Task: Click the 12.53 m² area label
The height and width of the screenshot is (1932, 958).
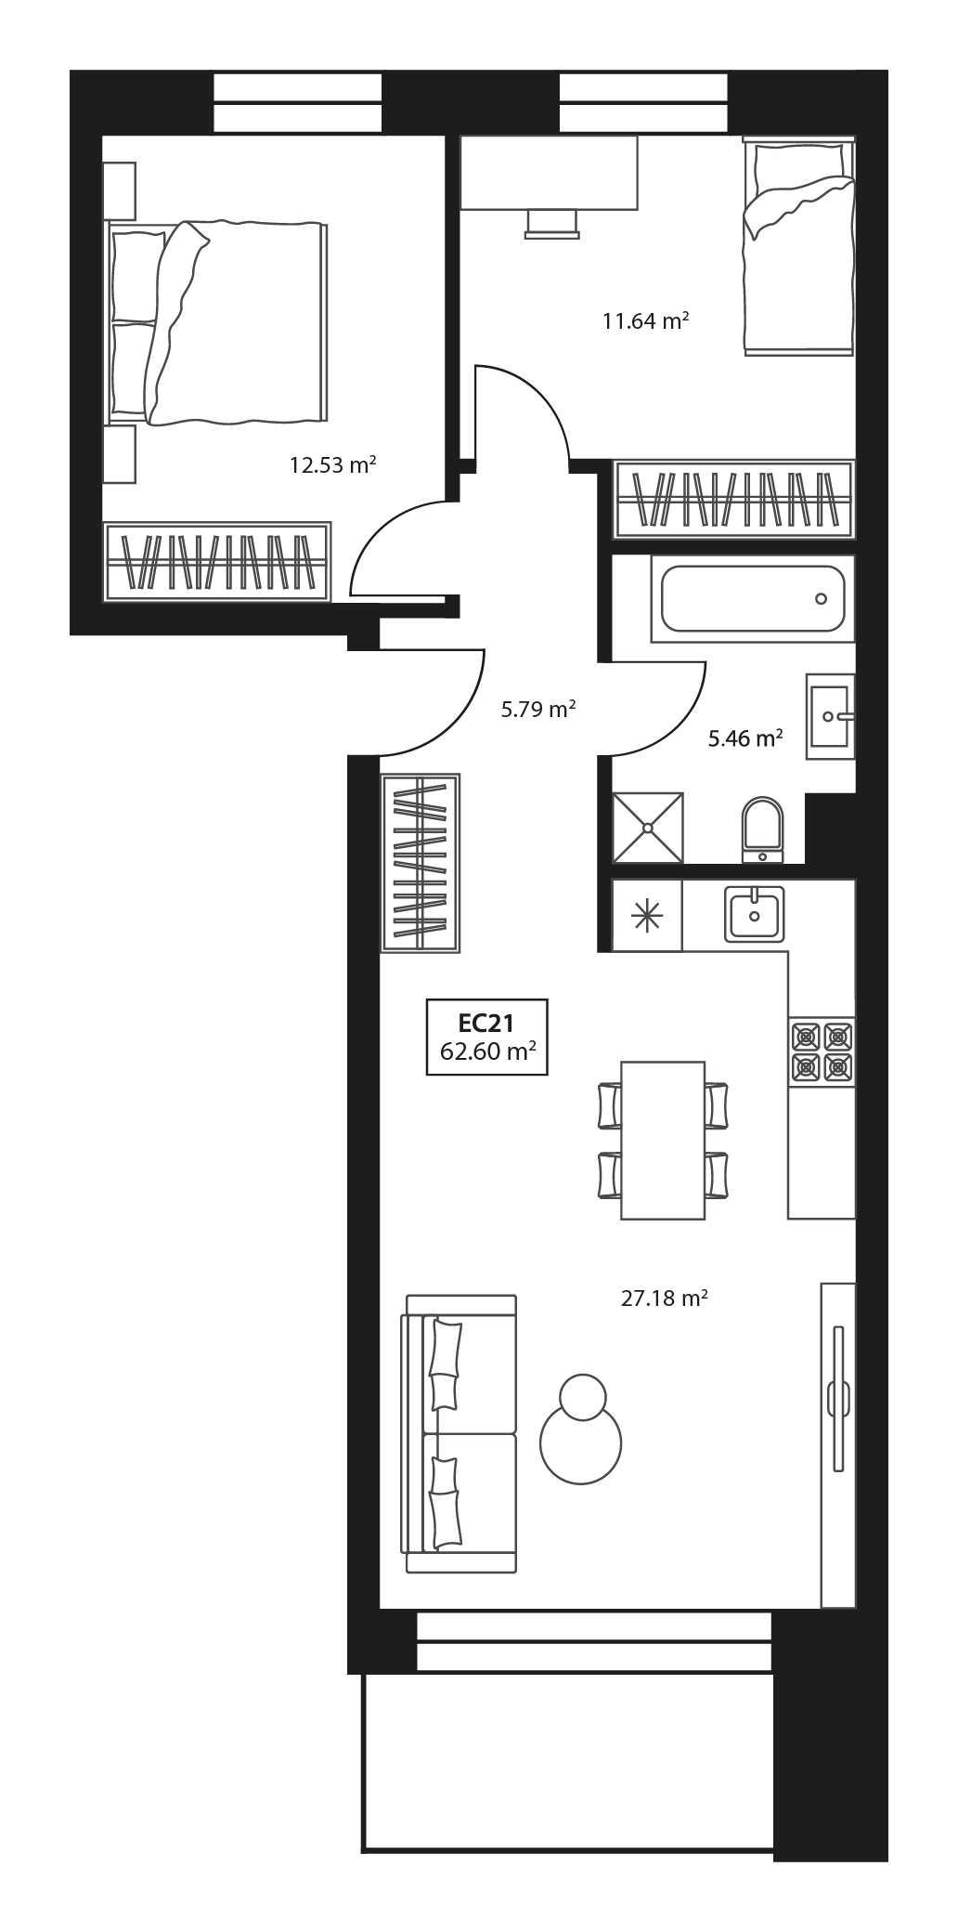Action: (x=332, y=464)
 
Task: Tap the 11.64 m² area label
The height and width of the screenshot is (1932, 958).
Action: (x=645, y=321)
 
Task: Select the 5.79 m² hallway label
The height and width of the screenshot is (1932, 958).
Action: (x=538, y=711)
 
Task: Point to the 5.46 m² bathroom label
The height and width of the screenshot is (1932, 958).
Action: (x=745, y=739)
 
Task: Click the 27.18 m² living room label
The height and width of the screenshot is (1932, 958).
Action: (x=665, y=1298)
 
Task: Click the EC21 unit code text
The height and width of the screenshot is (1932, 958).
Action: (x=486, y=1023)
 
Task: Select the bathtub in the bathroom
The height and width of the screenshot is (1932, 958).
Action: (x=753, y=599)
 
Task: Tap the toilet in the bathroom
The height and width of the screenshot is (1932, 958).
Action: (x=763, y=829)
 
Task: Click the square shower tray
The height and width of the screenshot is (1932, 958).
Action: (x=648, y=828)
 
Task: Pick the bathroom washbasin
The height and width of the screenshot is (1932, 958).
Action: (x=830, y=716)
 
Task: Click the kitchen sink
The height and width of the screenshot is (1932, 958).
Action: (x=755, y=914)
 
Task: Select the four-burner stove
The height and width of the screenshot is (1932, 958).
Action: (x=822, y=1051)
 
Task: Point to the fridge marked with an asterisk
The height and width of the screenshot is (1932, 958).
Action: (x=647, y=916)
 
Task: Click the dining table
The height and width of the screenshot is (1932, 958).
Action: (x=663, y=1140)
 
